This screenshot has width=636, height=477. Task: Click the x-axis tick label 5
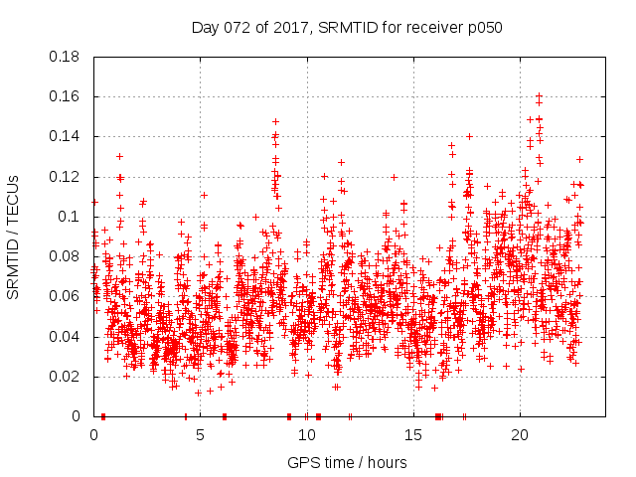(x=201, y=435)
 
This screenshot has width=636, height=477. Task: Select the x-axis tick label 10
(x=306, y=435)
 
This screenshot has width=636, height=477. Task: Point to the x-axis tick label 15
(x=412, y=435)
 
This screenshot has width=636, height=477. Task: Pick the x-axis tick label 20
(x=519, y=435)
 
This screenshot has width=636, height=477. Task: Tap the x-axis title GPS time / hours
(x=347, y=462)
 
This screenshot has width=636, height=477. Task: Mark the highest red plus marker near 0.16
(x=539, y=95)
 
